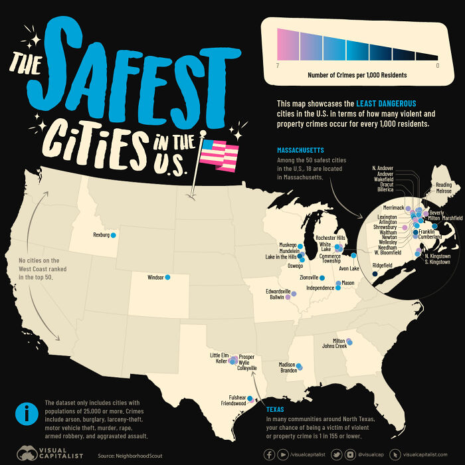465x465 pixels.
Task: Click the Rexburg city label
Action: pyautogui.click(x=101, y=235)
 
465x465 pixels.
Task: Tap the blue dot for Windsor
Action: pyautogui.click(x=167, y=277)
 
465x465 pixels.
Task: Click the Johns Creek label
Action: pyautogui.click(x=335, y=346)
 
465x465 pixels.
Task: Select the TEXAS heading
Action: pyautogui.click(x=274, y=410)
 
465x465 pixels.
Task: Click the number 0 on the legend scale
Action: pyautogui.click(x=437, y=66)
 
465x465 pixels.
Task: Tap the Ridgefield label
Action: pyautogui.click(x=384, y=264)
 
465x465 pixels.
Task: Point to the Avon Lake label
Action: pyautogui.click(x=349, y=269)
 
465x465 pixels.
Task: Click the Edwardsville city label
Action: pyautogui.click(x=278, y=292)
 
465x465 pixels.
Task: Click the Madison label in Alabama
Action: pyautogui.click(x=287, y=364)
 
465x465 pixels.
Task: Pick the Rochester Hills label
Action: pyautogui.click(x=331, y=238)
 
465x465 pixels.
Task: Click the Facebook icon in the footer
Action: pyautogui.click(x=270, y=454)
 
